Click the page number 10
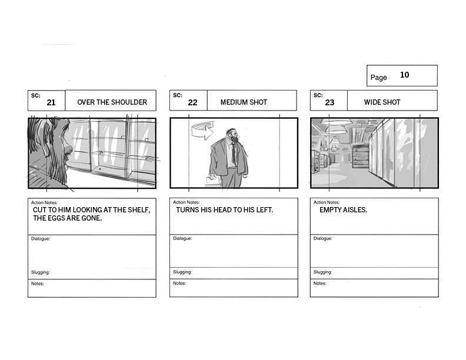coord(404,75)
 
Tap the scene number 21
coord(51,102)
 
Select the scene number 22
coord(192,102)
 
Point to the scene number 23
coord(329,102)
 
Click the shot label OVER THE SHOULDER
coord(112,102)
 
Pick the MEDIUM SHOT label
coord(244,102)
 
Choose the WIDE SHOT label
coord(382,102)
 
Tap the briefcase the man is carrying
coord(213,181)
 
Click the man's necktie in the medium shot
coord(234,153)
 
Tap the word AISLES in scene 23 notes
coord(355,209)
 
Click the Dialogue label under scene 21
coord(41,238)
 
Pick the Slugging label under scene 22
coord(182,272)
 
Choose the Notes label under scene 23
coord(319,283)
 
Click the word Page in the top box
coord(379,78)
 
